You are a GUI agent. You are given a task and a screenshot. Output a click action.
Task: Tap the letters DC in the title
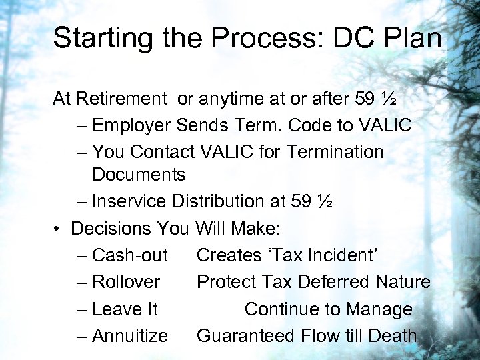pyautogui.click(x=350, y=38)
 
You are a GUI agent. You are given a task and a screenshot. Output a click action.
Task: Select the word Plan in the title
pyautogui.click(x=411, y=38)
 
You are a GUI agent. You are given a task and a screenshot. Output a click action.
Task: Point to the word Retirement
pyautogui.click(x=121, y=99)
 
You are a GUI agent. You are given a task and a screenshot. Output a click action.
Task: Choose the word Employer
pyautogui.click(x=133, y=125)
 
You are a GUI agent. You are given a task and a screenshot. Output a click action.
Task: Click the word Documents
pyautogui.click(x=139, y=175)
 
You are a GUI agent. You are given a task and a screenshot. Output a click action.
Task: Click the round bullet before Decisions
pyautogui.click(x=59, y=229)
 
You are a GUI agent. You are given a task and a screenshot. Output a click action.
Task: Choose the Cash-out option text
pyautogui.click(x=130, y=255)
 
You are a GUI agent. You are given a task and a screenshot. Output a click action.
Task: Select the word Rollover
pyautogui.click(x=126, y=282)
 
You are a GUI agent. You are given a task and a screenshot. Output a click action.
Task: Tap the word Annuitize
pyautogui.click(x=130, y=336)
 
